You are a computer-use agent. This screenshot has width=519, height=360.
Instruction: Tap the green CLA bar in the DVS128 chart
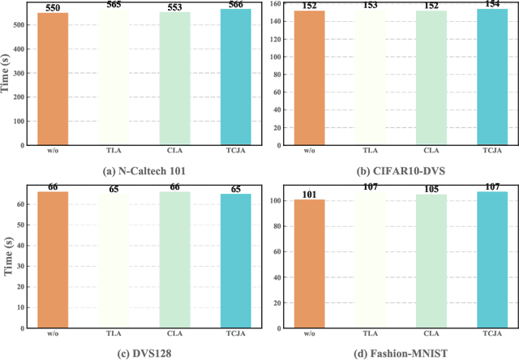[x=176, y=259]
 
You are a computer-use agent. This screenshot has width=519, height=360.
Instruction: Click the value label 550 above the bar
[x=52, y=7]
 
